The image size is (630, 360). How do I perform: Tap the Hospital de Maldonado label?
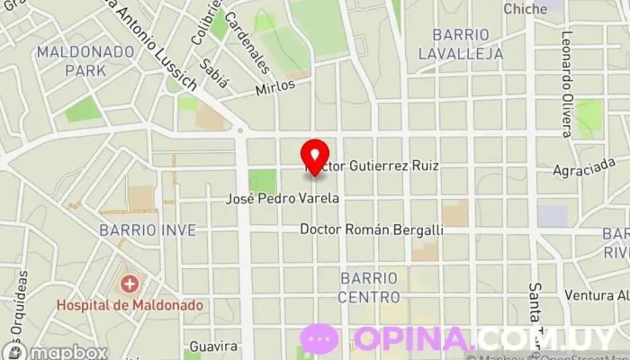130,305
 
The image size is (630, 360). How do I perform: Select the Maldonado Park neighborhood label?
84,60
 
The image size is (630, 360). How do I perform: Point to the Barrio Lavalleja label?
460,43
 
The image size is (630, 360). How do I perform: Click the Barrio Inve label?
148,230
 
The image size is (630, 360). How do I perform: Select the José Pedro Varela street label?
283,198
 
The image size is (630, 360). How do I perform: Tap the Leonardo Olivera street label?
567,85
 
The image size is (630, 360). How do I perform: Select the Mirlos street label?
274,89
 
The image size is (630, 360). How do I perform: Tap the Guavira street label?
213,346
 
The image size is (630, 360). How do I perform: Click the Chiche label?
526,9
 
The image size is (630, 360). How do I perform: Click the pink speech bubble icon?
320,339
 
